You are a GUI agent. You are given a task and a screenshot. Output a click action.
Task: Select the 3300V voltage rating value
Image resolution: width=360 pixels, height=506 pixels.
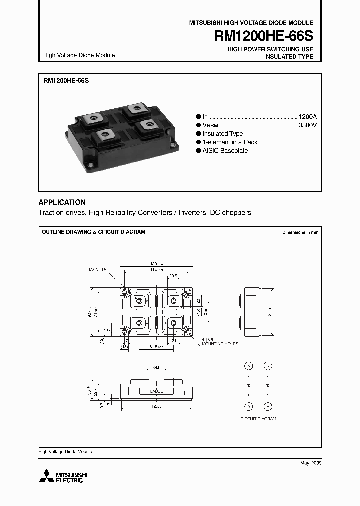(x=307, y=125)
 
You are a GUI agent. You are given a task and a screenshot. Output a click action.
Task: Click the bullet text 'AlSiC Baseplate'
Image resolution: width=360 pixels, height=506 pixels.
(x=225, y=151)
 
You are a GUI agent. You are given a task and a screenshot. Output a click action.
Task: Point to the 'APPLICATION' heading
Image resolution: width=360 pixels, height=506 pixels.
(x=62, y=202)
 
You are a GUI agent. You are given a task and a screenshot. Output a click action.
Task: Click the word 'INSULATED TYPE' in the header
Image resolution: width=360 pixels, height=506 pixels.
(x=288, y=57)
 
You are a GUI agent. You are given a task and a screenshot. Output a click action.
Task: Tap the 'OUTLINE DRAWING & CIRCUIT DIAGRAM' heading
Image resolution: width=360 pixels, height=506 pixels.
(x=93, y=232)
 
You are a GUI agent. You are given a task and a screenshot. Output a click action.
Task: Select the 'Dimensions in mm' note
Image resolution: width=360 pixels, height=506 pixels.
(x=300, y=233)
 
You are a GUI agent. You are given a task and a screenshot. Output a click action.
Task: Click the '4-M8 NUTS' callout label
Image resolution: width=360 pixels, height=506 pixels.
(x=95, y=269)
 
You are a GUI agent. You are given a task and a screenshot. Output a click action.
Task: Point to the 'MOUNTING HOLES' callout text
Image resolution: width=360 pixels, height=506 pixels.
(x=220, y=344)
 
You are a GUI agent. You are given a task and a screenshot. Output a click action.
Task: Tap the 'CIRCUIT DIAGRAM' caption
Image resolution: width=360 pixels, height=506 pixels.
(x=258, y=418)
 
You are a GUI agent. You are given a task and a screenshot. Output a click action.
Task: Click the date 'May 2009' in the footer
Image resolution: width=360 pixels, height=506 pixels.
(x=310, y=463)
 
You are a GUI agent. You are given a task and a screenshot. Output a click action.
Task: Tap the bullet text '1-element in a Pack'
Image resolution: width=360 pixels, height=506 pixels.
(x=230, y=142)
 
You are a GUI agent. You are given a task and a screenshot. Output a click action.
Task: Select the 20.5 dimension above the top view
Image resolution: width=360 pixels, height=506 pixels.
(x=173, y=275)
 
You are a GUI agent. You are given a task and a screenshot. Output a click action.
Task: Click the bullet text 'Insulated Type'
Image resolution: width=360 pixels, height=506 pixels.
(x=222, y=134)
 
